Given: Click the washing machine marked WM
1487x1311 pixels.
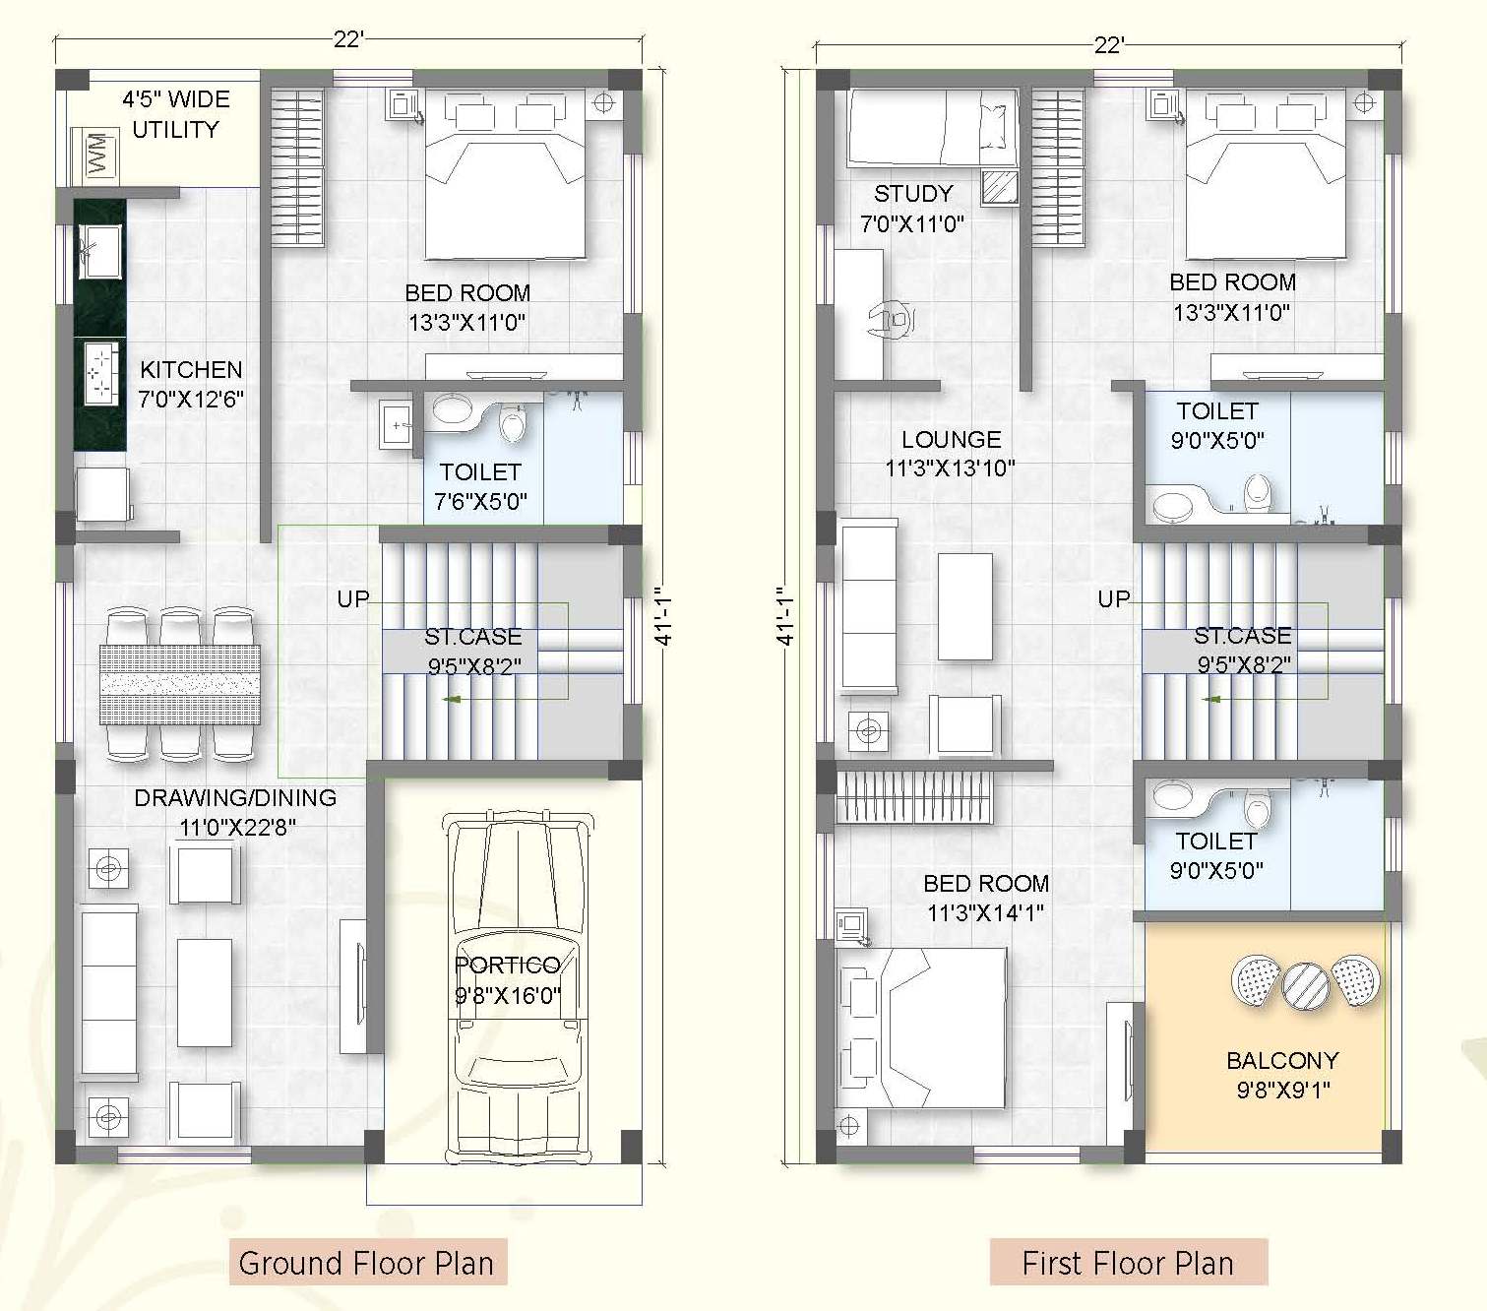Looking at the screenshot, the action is pos(95,155).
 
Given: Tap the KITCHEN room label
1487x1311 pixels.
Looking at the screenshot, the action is pos(191,369).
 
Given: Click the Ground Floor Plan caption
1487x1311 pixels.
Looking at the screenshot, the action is pos(366,1264).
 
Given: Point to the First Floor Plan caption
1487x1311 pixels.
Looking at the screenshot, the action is pos(1128,1264).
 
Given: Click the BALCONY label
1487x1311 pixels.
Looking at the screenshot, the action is pos(1282,1060).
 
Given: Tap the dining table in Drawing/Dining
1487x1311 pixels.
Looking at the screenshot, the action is pos(180,684).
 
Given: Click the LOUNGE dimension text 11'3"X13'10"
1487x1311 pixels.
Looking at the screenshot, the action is pos(950,468).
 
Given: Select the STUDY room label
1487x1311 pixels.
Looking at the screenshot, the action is pos(913,194).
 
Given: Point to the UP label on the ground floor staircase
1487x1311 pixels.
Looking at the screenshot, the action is pos(353,599).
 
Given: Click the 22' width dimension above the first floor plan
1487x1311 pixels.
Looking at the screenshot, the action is pos(1109,45).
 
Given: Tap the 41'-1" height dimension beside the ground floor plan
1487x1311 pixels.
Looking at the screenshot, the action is pos(662,615).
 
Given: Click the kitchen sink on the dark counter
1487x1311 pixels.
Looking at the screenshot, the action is pos(99,252).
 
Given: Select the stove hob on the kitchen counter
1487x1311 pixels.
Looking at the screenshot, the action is pos(100,373).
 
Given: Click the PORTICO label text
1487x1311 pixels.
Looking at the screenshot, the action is pos(507,965).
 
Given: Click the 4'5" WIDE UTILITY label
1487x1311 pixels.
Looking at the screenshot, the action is pos(176,114).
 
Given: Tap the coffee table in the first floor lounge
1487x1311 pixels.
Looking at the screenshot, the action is pos(965,606).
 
